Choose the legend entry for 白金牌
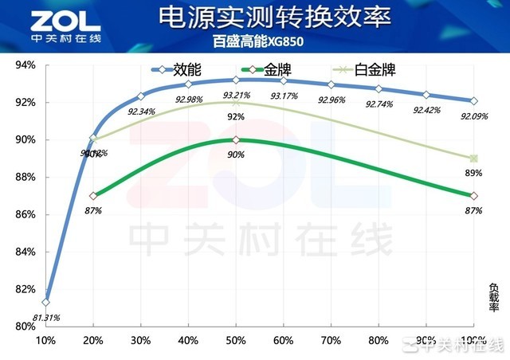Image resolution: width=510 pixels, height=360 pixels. (x=366, y=70)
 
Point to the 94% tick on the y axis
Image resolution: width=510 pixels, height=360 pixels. (x=26, y=65)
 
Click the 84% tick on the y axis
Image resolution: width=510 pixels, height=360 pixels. (x=26, y=252)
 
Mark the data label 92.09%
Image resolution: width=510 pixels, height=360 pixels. (x=473, y=117)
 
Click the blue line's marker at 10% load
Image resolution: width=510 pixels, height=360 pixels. (x=46, y=303)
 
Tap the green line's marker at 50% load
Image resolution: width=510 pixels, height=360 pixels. (x=236, y=140)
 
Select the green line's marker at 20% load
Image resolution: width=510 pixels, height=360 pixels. (x=93, y=195)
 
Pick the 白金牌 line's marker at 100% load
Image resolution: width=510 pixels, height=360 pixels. (x=473, y=158)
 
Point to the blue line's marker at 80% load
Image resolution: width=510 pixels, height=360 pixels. (x=379, y=88)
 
